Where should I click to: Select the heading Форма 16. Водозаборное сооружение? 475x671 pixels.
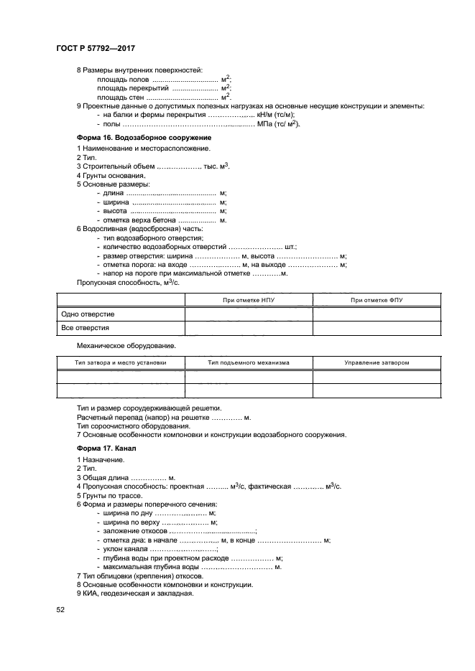click(x=144, y=136)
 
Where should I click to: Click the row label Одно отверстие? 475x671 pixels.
click(x=88, y=314)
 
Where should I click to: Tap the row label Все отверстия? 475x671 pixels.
click(x=86, y=328)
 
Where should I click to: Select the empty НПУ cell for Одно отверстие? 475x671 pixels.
click(x=249, y=314)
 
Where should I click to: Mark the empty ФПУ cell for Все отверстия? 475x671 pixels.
click(x=377, y=328)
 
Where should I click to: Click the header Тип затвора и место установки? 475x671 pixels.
click(x=121, y=363)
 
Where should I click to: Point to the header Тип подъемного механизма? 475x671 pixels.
click(x=249, y=363)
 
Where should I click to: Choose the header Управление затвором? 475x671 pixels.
click(x=377, y=363)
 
